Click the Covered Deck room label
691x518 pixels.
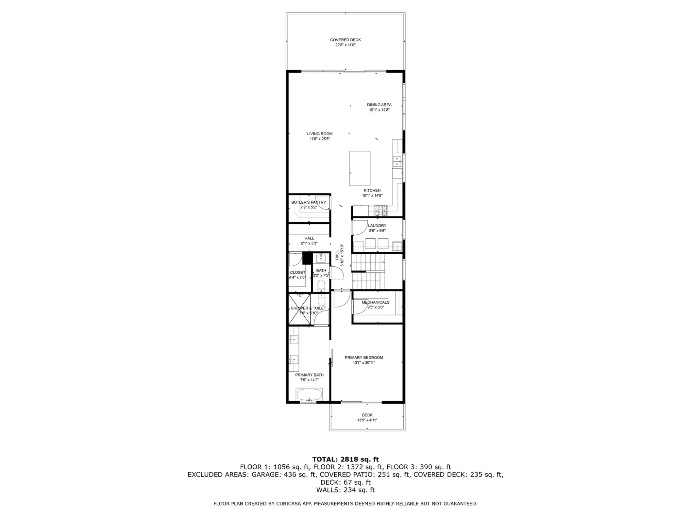(345, 40)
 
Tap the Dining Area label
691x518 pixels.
(379, 105)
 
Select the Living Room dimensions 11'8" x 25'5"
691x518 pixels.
(320, 139)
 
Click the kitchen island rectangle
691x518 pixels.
(360, 169)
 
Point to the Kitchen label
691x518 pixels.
(372, 190)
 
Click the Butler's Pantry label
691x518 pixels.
(308, 202)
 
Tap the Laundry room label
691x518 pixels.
(377, 226)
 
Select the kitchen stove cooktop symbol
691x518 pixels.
(380, 210)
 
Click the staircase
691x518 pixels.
(368, 272)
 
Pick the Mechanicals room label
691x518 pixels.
(375, 302)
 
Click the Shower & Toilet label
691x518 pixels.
(308, 308)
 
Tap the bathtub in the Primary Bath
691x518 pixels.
(309, 394)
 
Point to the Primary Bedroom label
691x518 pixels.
(364, 358)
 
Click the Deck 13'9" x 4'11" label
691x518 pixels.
(367, 417)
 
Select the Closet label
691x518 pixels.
(297, 273)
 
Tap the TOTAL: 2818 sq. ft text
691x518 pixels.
(345, 459)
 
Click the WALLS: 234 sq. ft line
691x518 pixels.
(345, 490)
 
